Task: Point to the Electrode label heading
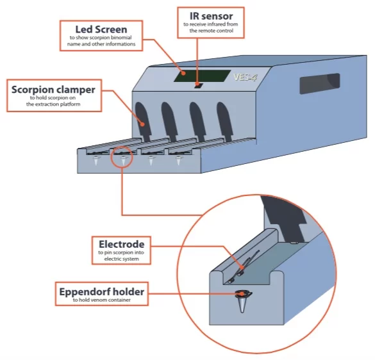(x=121, y=244)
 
